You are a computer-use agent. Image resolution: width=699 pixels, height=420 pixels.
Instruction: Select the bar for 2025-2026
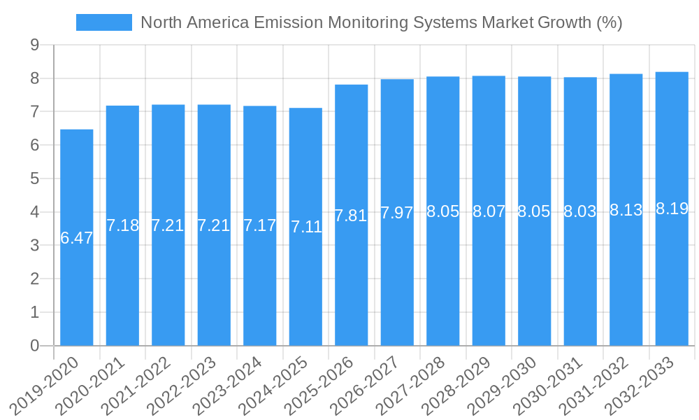[352, 280]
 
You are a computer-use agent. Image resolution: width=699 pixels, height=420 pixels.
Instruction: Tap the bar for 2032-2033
[672, 280]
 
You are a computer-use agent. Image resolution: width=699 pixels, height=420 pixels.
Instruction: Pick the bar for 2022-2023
[214, 280]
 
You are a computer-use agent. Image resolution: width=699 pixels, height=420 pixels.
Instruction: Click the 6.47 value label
[77, 238]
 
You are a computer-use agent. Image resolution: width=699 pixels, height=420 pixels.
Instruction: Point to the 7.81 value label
[351, 216]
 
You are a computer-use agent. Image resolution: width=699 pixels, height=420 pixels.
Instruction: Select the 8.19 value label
[672, 209]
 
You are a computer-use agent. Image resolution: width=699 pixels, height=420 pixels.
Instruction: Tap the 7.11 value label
[306, 227]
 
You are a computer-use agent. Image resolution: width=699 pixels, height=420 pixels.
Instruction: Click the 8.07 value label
[489, 211]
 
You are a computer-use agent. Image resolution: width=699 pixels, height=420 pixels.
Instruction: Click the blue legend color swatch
[103, 22]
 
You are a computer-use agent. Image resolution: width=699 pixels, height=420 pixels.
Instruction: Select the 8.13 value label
[626, 210]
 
